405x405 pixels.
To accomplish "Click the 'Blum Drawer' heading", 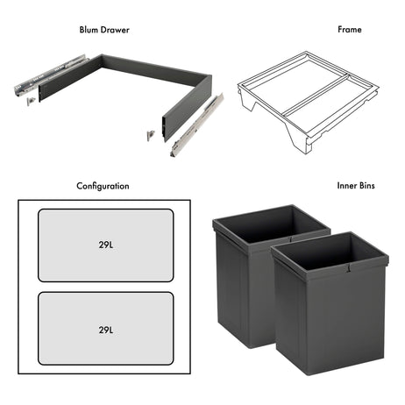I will click(x=103, y=29).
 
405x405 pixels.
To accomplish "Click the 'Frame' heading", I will click(x=349, y=29).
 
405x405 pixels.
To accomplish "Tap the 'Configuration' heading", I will click(x=103, y=186).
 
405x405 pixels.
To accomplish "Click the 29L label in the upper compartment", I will click(x=105, y=245).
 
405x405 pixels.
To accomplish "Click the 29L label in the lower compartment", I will click(x=105, y=330).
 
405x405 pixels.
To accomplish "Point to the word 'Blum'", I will click(x=91, y=29).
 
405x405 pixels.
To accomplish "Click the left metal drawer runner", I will click(x=51, y=77).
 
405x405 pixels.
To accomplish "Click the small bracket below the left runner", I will click(x=32, y=101).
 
